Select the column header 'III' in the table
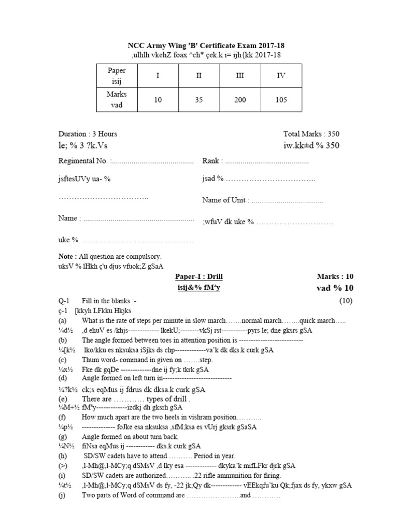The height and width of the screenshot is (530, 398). coord(240,76)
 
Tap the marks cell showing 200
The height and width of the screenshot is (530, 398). coord(240,99)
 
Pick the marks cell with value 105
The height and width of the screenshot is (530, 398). coord(281,99)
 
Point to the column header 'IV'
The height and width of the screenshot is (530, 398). coord(281,76)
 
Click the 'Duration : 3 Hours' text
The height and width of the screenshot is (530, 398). coord(88,134)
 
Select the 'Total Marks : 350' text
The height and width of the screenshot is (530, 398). coord(311,134)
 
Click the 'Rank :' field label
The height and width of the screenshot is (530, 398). coord(212,161)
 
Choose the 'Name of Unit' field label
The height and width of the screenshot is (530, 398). coord(225,200)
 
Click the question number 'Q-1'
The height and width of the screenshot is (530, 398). coord(64,301)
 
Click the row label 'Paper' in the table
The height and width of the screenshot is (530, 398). coord(117,70)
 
